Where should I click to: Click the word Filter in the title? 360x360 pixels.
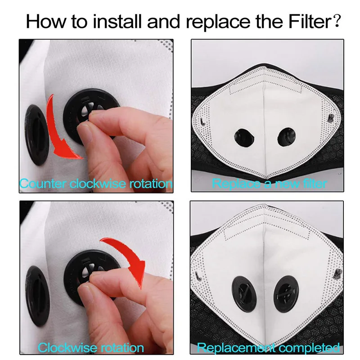tap(310, 21)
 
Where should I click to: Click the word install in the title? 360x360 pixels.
tap(117, 21)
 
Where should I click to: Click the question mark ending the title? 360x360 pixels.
tap(337, 21)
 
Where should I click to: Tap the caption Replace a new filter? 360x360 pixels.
tap(269, 184)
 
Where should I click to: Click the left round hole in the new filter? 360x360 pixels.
tap(244, 138)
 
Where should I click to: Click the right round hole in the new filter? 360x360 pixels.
tap(287, 137)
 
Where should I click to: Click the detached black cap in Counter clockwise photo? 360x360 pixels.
tap(37, 135)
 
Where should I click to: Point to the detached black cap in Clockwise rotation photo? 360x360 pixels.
tap(37, 296)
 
